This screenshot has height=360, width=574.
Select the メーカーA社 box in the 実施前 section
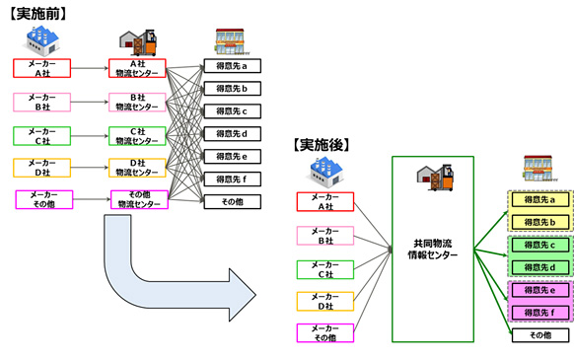click(41, 67)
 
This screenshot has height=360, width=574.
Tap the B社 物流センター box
click(138, 101)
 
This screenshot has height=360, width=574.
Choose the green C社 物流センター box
click(138, 134)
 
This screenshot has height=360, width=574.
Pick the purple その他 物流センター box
click(138, 200)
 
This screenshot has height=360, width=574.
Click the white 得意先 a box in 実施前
click(231, 66)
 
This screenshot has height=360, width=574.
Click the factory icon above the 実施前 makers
click(40, 39)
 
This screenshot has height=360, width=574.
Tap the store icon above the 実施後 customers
click(538, 167)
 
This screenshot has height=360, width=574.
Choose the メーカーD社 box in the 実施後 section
click(324, 302)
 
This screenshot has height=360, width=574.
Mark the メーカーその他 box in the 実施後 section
click(324, 334)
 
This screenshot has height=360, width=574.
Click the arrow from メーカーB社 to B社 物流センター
click(90, 101)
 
